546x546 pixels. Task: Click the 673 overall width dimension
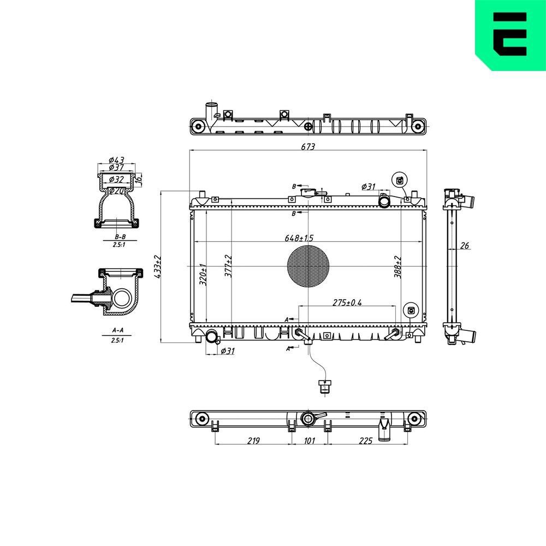(308, 146)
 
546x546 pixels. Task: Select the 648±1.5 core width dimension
(299, 238)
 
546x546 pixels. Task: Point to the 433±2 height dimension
(158, 267)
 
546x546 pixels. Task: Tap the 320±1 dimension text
(202, 275)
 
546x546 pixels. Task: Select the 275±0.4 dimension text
(347, 302)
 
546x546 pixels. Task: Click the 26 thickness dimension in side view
(465, 246)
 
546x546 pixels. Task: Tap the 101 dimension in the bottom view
(309, 440)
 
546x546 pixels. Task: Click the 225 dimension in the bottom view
(365, 440)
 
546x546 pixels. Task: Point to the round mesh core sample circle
(308, 266)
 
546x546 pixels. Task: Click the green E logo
(510, 35)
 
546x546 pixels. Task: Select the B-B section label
(120, 237)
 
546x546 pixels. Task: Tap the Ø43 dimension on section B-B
(117, 159)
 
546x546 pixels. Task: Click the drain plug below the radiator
(325, 387)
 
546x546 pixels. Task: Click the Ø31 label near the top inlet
(369, 187)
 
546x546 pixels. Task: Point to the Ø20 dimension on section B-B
(116, 191)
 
